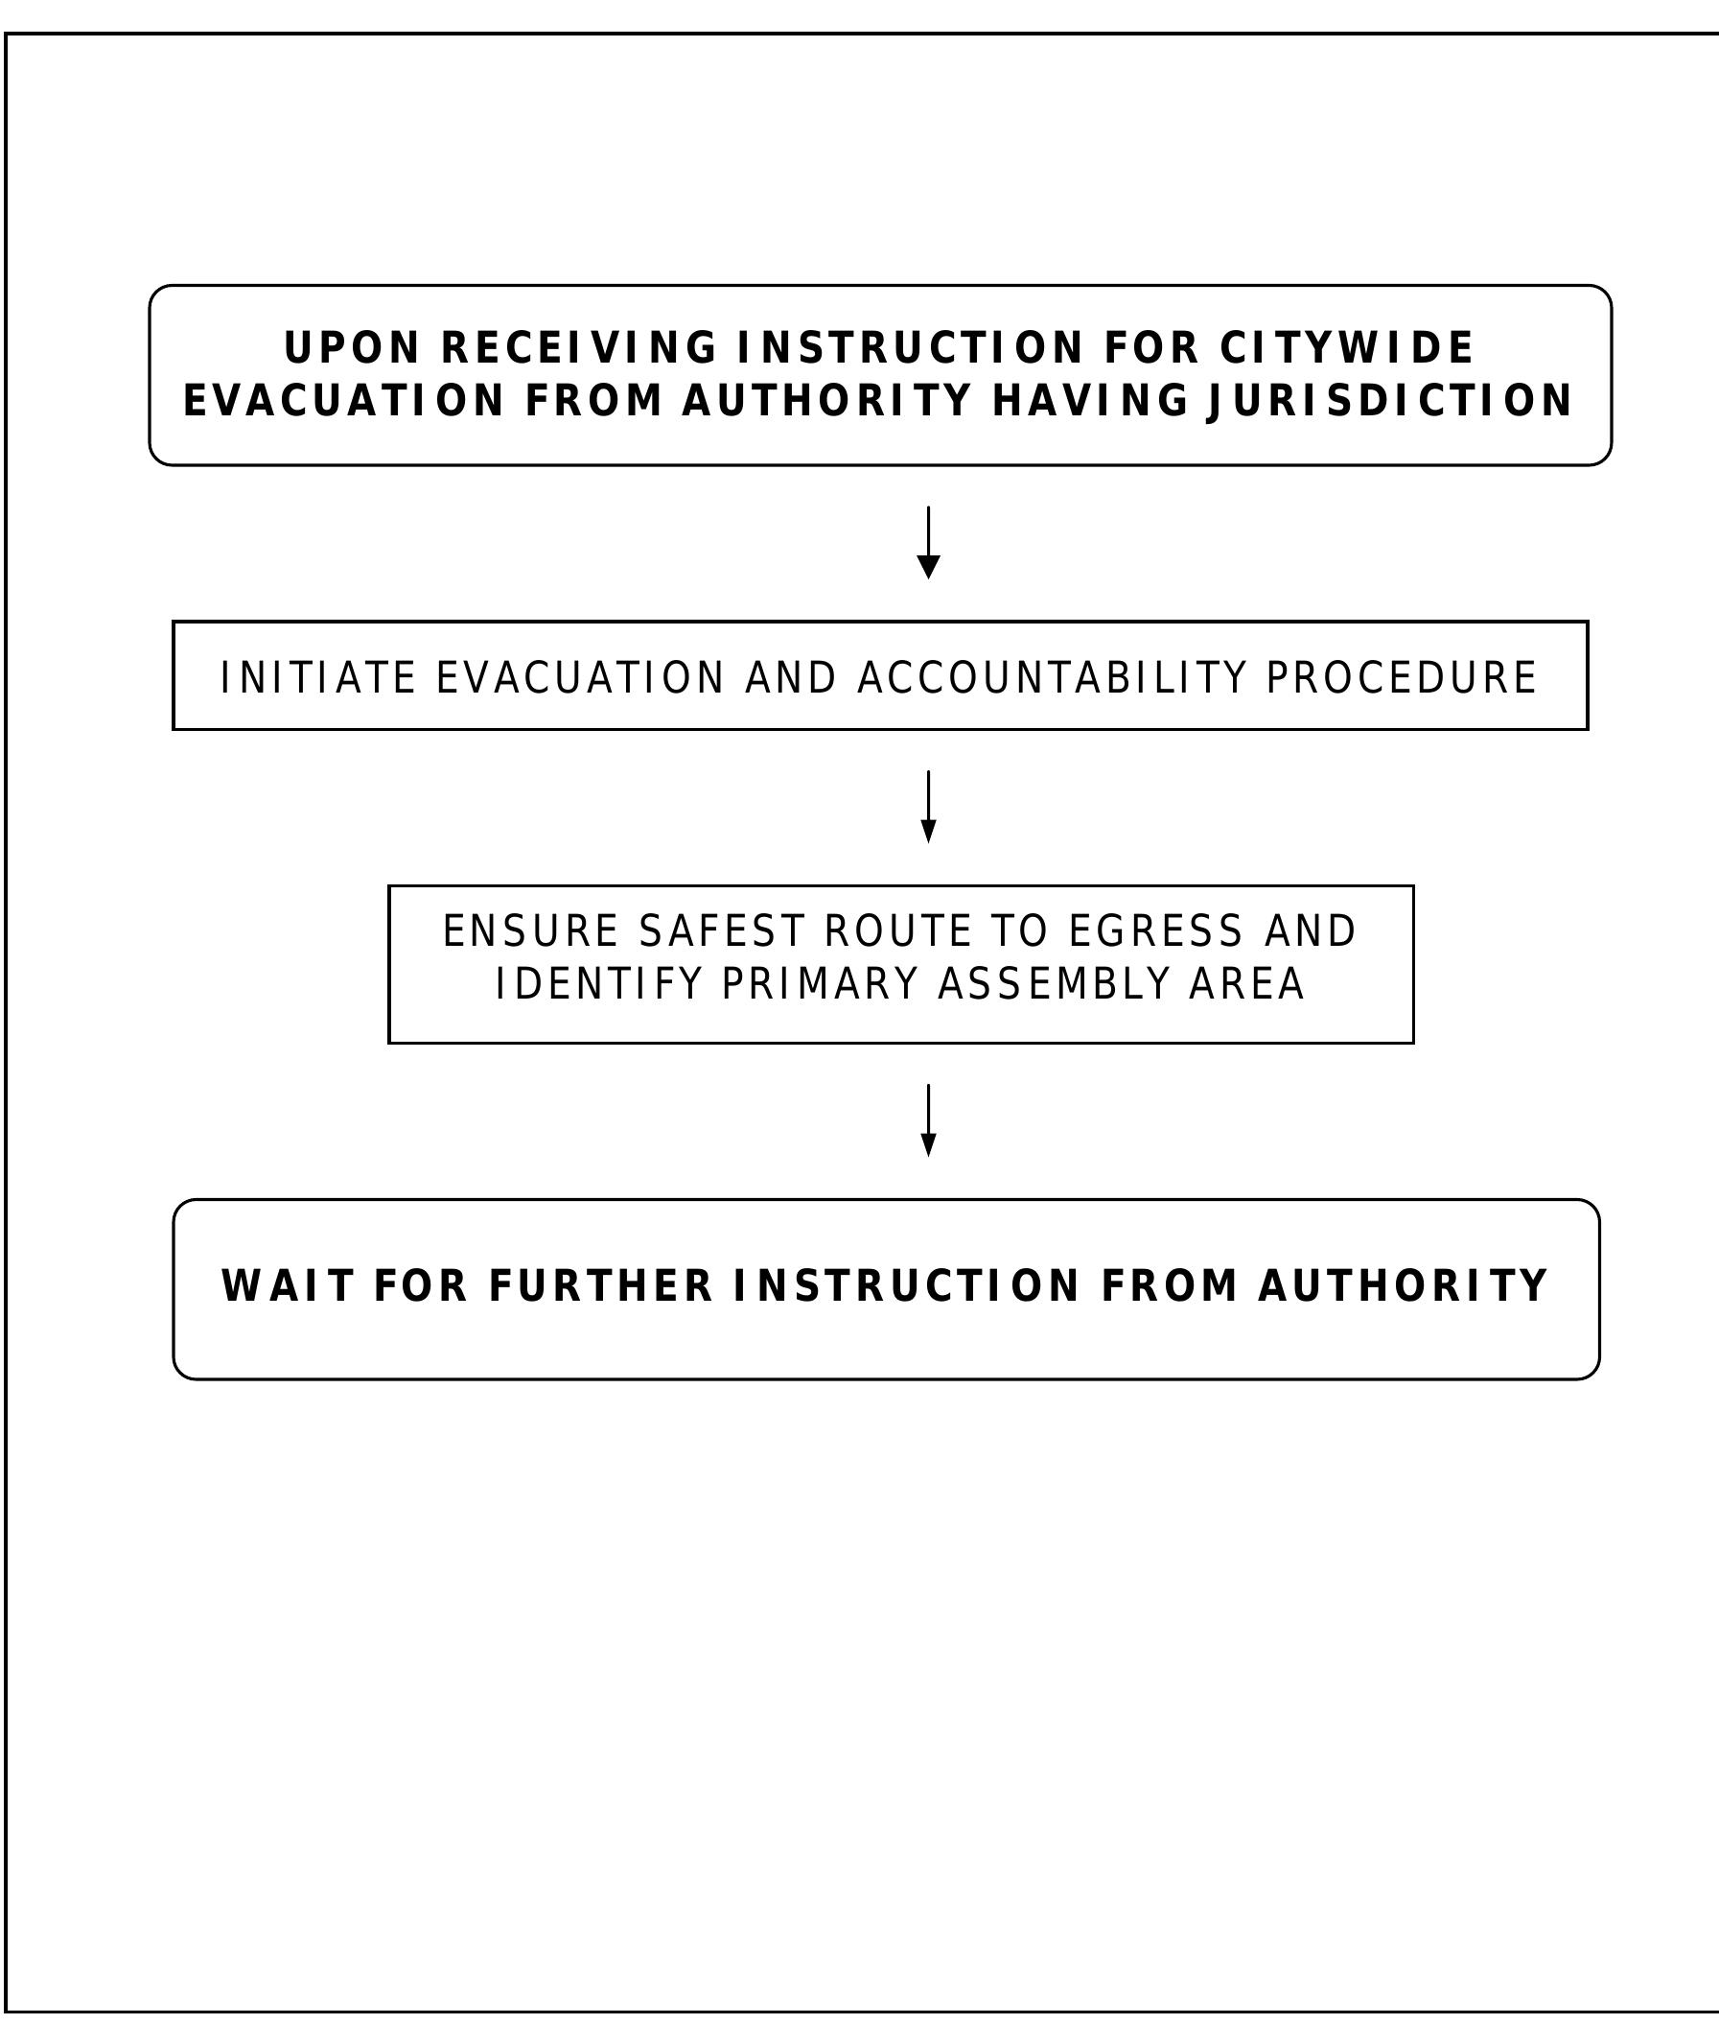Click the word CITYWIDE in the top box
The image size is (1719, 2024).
tap(1347, 348)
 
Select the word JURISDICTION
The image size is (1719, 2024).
tap(1389, 401)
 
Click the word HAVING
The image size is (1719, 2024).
tap(1090, 401)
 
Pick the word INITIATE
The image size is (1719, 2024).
tap(318, 678)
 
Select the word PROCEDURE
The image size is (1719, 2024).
tap(1402, 678)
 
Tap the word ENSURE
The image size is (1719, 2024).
tap(531, 931)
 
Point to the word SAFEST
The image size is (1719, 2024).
tap(722, 931)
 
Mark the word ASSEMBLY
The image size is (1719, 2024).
tap(1053, 984)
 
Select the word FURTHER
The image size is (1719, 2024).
tap(601, 1286)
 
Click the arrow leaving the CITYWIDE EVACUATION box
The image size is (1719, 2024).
tap(929, 542)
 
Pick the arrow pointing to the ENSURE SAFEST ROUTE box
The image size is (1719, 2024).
tap(929, 807)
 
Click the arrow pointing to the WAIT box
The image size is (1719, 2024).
tap(929, 1120)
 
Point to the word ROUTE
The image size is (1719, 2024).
tap(898, 931)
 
